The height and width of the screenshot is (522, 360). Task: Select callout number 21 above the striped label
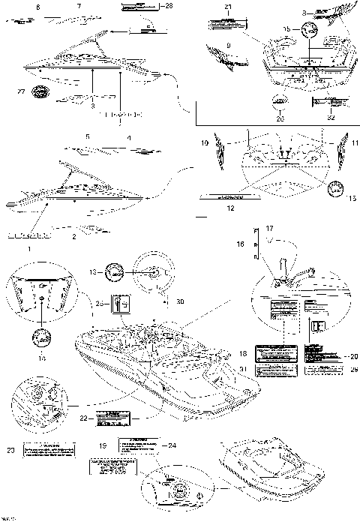[229, 7]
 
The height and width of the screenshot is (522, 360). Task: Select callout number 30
[180, 302]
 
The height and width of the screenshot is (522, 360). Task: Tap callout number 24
[172, 443]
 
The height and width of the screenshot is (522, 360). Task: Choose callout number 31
[242, 368]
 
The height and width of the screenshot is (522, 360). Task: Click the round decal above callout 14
[43, 334]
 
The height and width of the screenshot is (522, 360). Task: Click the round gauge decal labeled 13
[115, 272]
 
